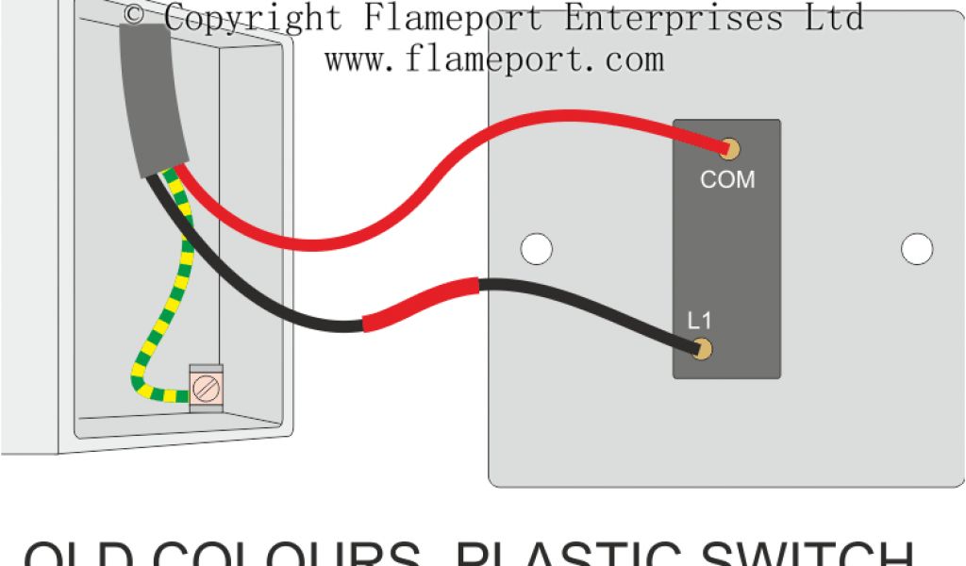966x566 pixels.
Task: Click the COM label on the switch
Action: [726, 179]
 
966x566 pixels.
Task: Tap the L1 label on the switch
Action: [699, 321]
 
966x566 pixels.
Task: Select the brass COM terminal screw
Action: [729, 148]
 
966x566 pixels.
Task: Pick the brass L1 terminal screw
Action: [701, 349]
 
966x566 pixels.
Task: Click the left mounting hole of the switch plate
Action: [536, 248]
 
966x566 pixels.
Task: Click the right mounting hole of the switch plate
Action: [916, 248]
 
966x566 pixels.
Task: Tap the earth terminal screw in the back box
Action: [204, 387]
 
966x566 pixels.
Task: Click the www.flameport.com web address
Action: [494, 58]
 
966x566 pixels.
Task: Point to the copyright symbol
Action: [135, 15]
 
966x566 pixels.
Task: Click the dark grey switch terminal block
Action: [726, 250]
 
